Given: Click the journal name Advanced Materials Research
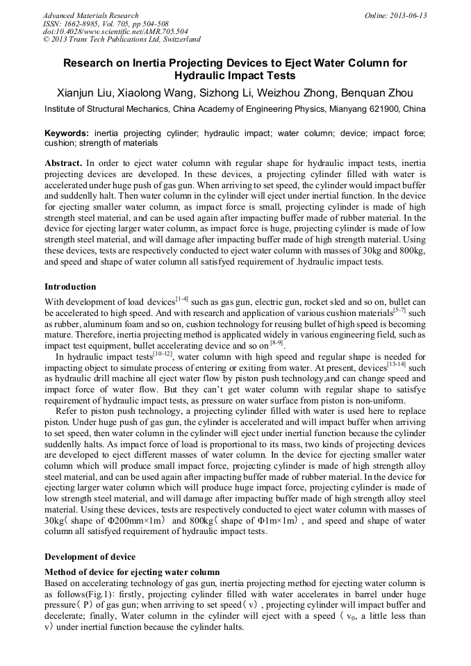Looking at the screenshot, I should coord(90,15).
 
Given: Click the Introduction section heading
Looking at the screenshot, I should coord(70,287).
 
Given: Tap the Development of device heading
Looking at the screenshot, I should coord(90,556).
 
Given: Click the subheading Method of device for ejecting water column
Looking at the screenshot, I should coord(132,572).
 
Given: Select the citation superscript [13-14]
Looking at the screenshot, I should coord(397,364).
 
